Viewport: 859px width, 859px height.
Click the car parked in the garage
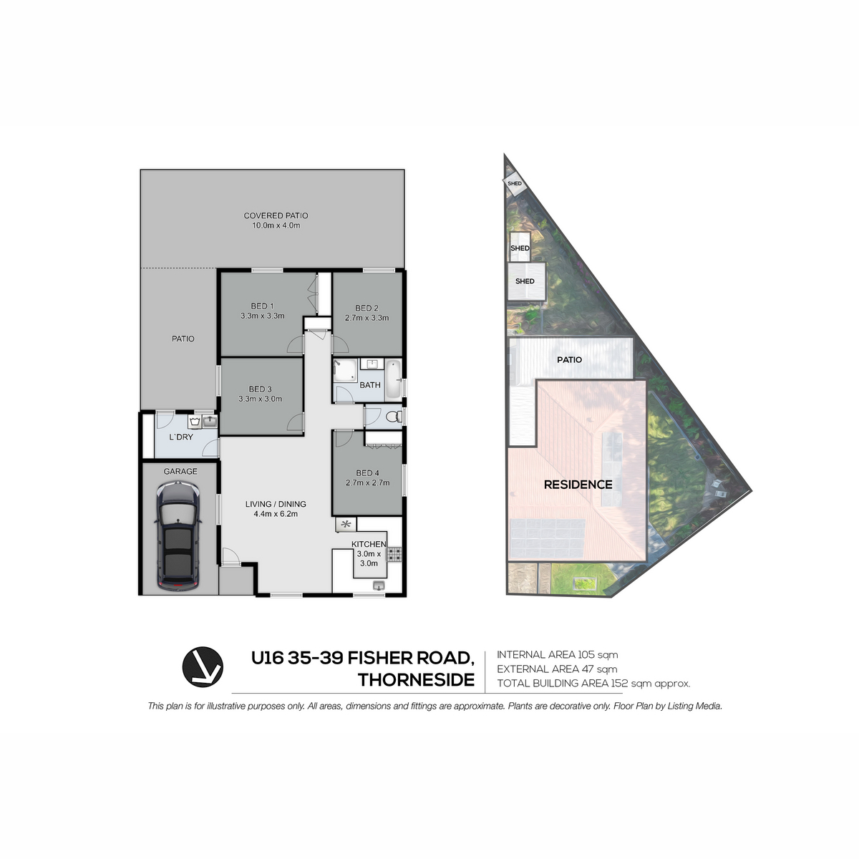tap(178, 537)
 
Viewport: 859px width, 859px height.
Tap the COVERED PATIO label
tap(276, 215)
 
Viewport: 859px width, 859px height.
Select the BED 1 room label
tap(262, 306)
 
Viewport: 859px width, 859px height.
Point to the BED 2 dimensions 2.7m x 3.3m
tap(367, 318)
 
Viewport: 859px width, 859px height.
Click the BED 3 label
tap(261, 389)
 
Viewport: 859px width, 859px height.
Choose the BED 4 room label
tap(367, 473)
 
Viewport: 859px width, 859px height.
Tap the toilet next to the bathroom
tap(394, 417)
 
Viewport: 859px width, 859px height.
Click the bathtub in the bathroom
tap(393, 379)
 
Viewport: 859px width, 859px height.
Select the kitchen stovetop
tap(394, 554)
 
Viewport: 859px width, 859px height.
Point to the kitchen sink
tap(378, 586)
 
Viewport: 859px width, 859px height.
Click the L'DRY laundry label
tap(181, 437)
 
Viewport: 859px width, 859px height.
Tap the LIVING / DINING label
tap(276, 504)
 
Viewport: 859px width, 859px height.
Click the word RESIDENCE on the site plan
tap(578, 485)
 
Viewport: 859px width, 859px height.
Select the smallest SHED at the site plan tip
tap(515, 184)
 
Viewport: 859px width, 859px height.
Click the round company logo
tap(203, 667)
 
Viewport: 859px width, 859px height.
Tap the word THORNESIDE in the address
tap(417, 680)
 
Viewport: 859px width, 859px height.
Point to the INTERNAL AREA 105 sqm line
tap(557, 655)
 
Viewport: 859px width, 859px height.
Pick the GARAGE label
tap(180, 471)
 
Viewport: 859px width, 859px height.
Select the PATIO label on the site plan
tap(569, 360)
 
